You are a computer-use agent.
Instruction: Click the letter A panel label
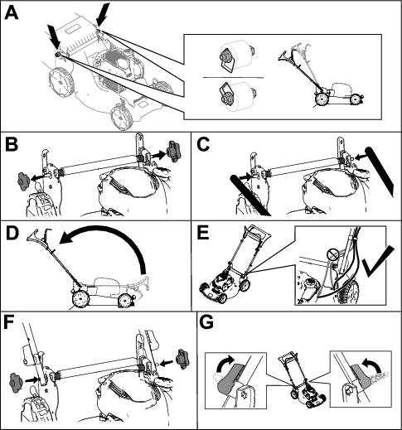tap(12, 13)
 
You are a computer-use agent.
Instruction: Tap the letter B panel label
tap(12, 145)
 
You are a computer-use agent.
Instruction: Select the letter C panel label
tap(204, 145)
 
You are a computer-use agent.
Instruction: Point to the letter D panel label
tap(12, 234)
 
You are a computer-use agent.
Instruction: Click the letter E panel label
tap(204, 234)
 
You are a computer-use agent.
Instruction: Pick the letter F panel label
tap(10, 323)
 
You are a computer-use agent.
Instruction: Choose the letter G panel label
tap(206, 322)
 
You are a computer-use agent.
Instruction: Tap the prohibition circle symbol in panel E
tap(332, 254)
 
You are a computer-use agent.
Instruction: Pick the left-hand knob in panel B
tap(23, 181)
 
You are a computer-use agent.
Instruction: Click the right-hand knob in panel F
tap(182, 359)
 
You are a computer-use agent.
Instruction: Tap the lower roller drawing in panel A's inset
tap(235, 97)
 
